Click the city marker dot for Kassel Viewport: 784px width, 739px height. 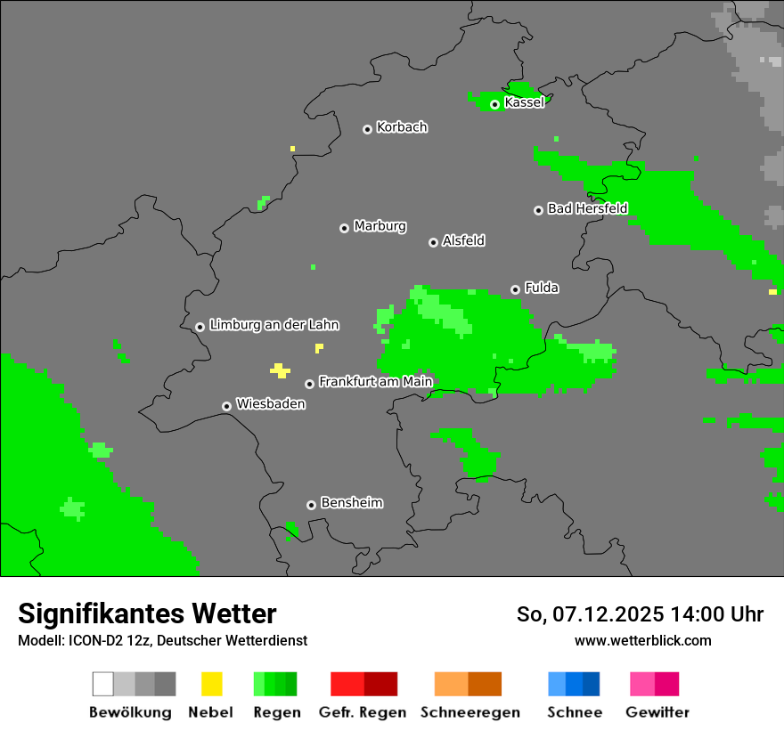(x=494, y=104)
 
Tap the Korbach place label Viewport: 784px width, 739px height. (x=402, y=127)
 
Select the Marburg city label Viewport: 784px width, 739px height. (x=380, y=226)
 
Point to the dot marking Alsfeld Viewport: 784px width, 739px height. (x=433, y=242)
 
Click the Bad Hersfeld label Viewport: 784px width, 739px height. (x=587, y=208)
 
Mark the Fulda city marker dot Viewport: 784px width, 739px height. (x=515, y=289)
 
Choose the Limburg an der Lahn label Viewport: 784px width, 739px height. (x=274, y=325)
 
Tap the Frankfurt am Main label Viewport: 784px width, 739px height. (x=375, y=382)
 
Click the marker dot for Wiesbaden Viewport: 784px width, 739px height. (x=226, y=406)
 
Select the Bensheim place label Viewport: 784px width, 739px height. (x=351, y=503)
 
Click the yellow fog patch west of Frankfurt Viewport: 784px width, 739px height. (x=281, y=370)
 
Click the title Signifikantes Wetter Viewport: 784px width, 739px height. (x=147, y=613)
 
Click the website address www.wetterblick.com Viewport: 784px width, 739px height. (x=642, y=640)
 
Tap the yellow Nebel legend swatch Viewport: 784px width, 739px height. (x=211, y=684)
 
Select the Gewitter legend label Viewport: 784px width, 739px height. (x=657, y=712)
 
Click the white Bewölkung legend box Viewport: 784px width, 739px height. (x=102, y=684)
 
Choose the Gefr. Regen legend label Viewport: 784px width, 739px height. (x=363, y=712)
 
